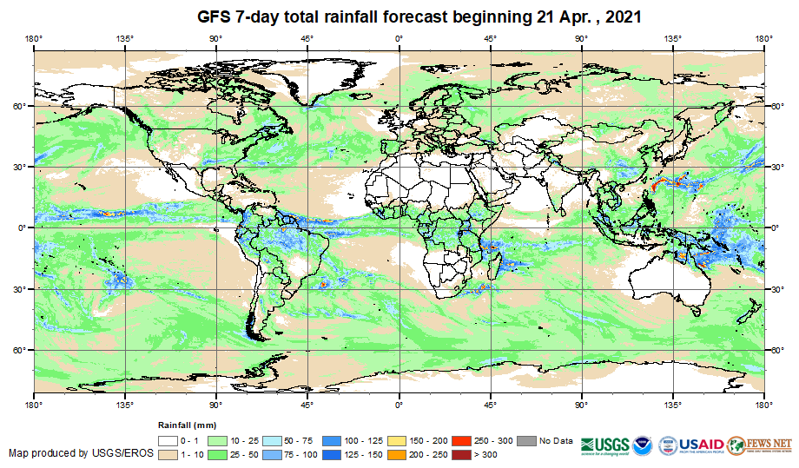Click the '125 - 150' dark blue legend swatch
(329, 454)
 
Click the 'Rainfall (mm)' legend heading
(186, 425)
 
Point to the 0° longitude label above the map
(399, 38)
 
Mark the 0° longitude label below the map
(399, 404)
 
